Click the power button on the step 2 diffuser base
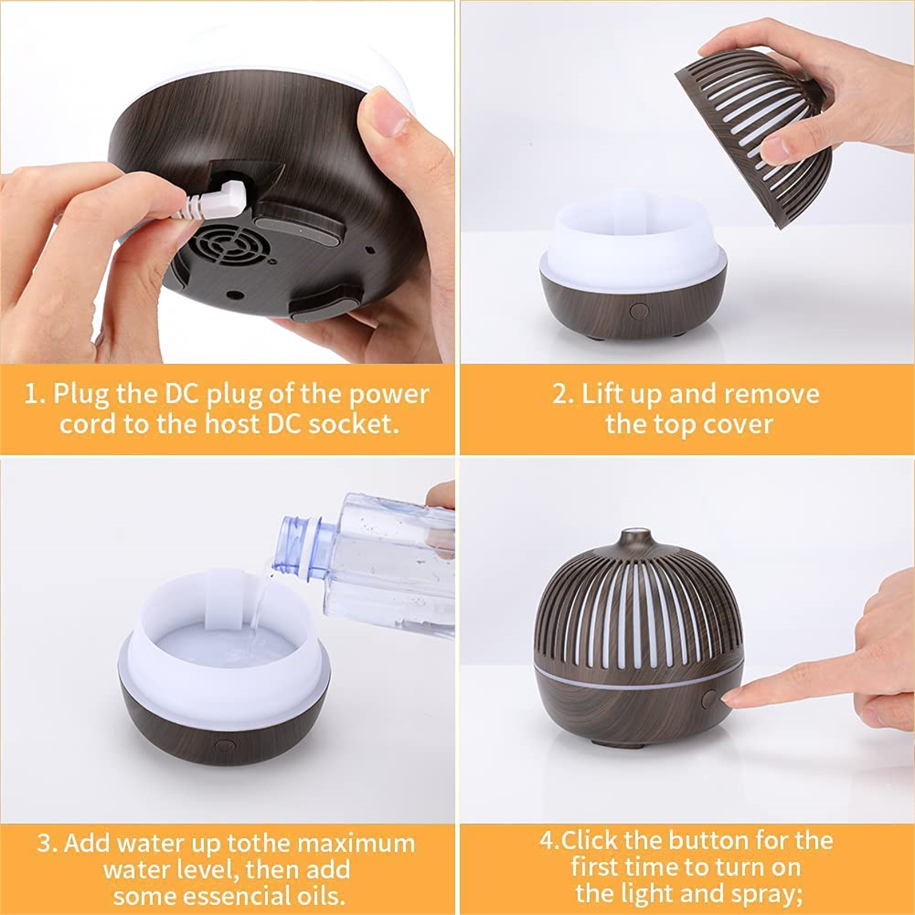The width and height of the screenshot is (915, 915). click(639, 311)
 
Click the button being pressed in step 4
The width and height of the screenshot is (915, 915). click(710, 699)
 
